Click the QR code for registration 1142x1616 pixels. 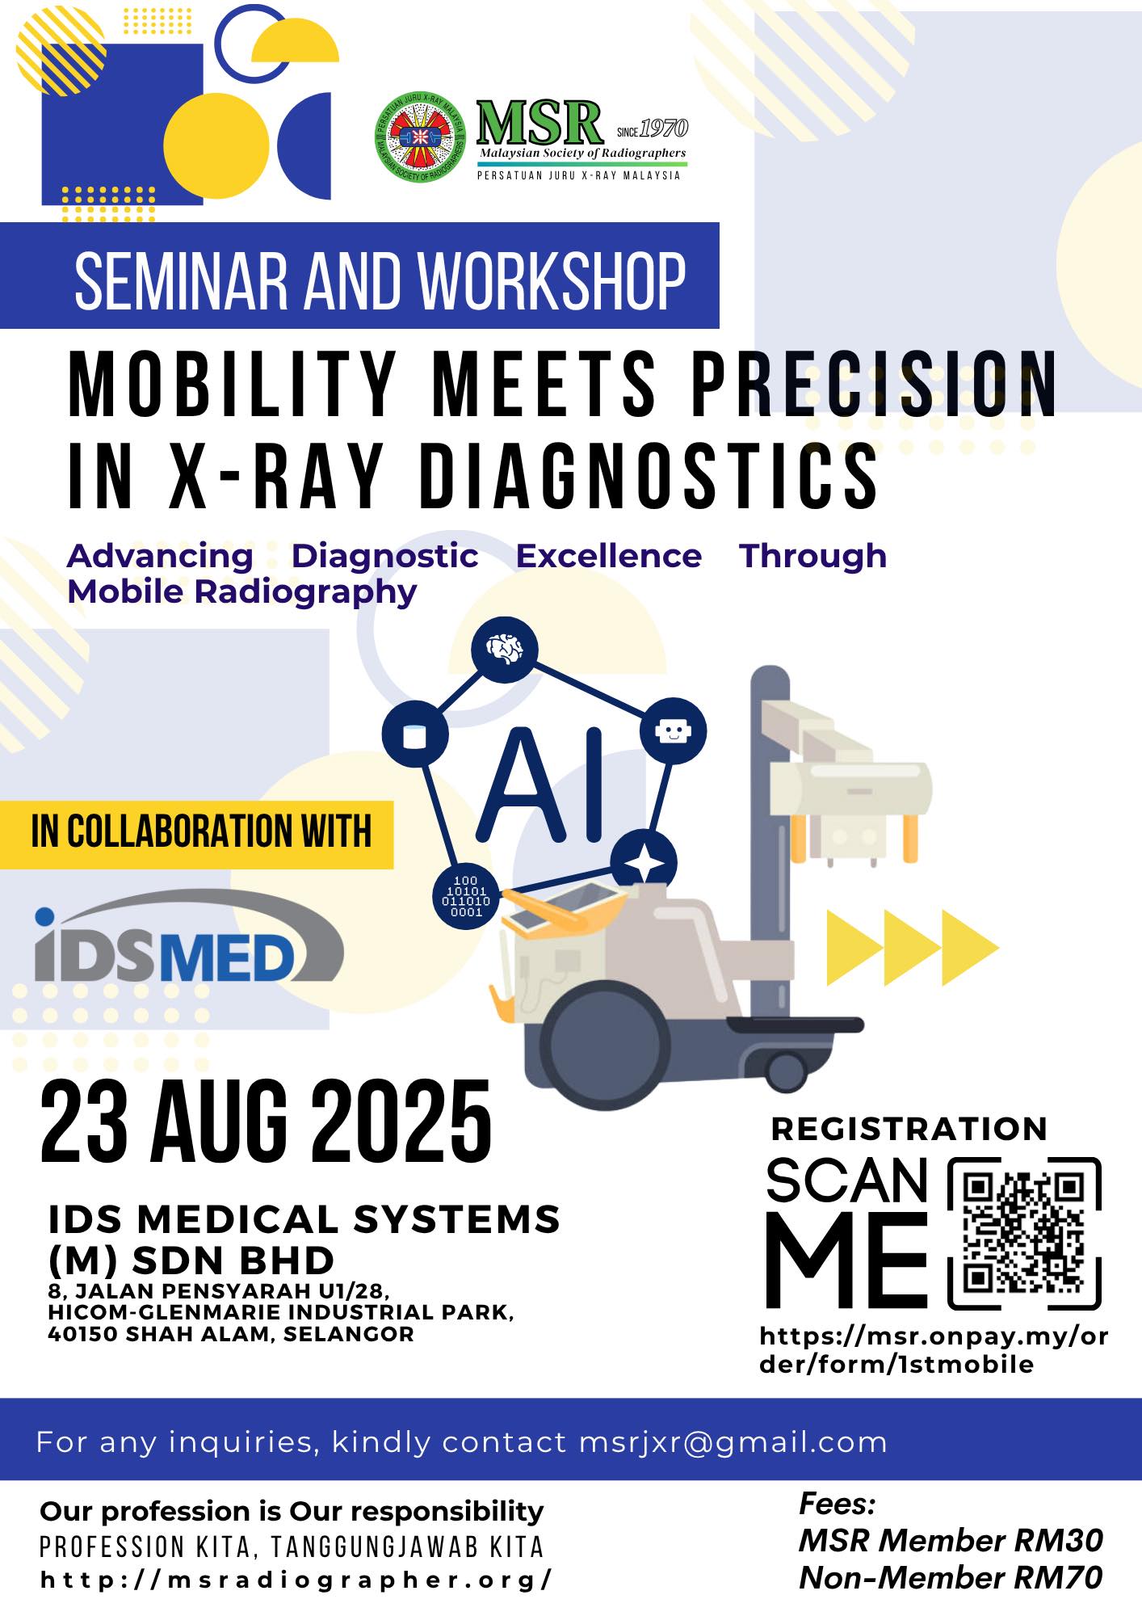pyautogui.click(x=1024, y=1233)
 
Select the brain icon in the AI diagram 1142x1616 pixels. pyautogui.click(x=504, y=649)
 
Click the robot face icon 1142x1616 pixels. pyautogui.click(x=673, y=731)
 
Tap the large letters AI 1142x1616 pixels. pyautogui.click(x=542, y=784)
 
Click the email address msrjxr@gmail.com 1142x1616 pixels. pyautogui.click(x=733, y=1442)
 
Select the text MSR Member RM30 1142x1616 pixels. pyautogui.click(x=951, y=1541)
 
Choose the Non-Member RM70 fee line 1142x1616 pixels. pyautogui.click(x=951, y=1577)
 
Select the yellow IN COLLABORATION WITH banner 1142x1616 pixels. pyautogui.click(x=196, y=835)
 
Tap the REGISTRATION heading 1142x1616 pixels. pyautogui.click(x=909, y=1129)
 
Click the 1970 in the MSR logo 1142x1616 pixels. pyautogui.click(x=664, y=128)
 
